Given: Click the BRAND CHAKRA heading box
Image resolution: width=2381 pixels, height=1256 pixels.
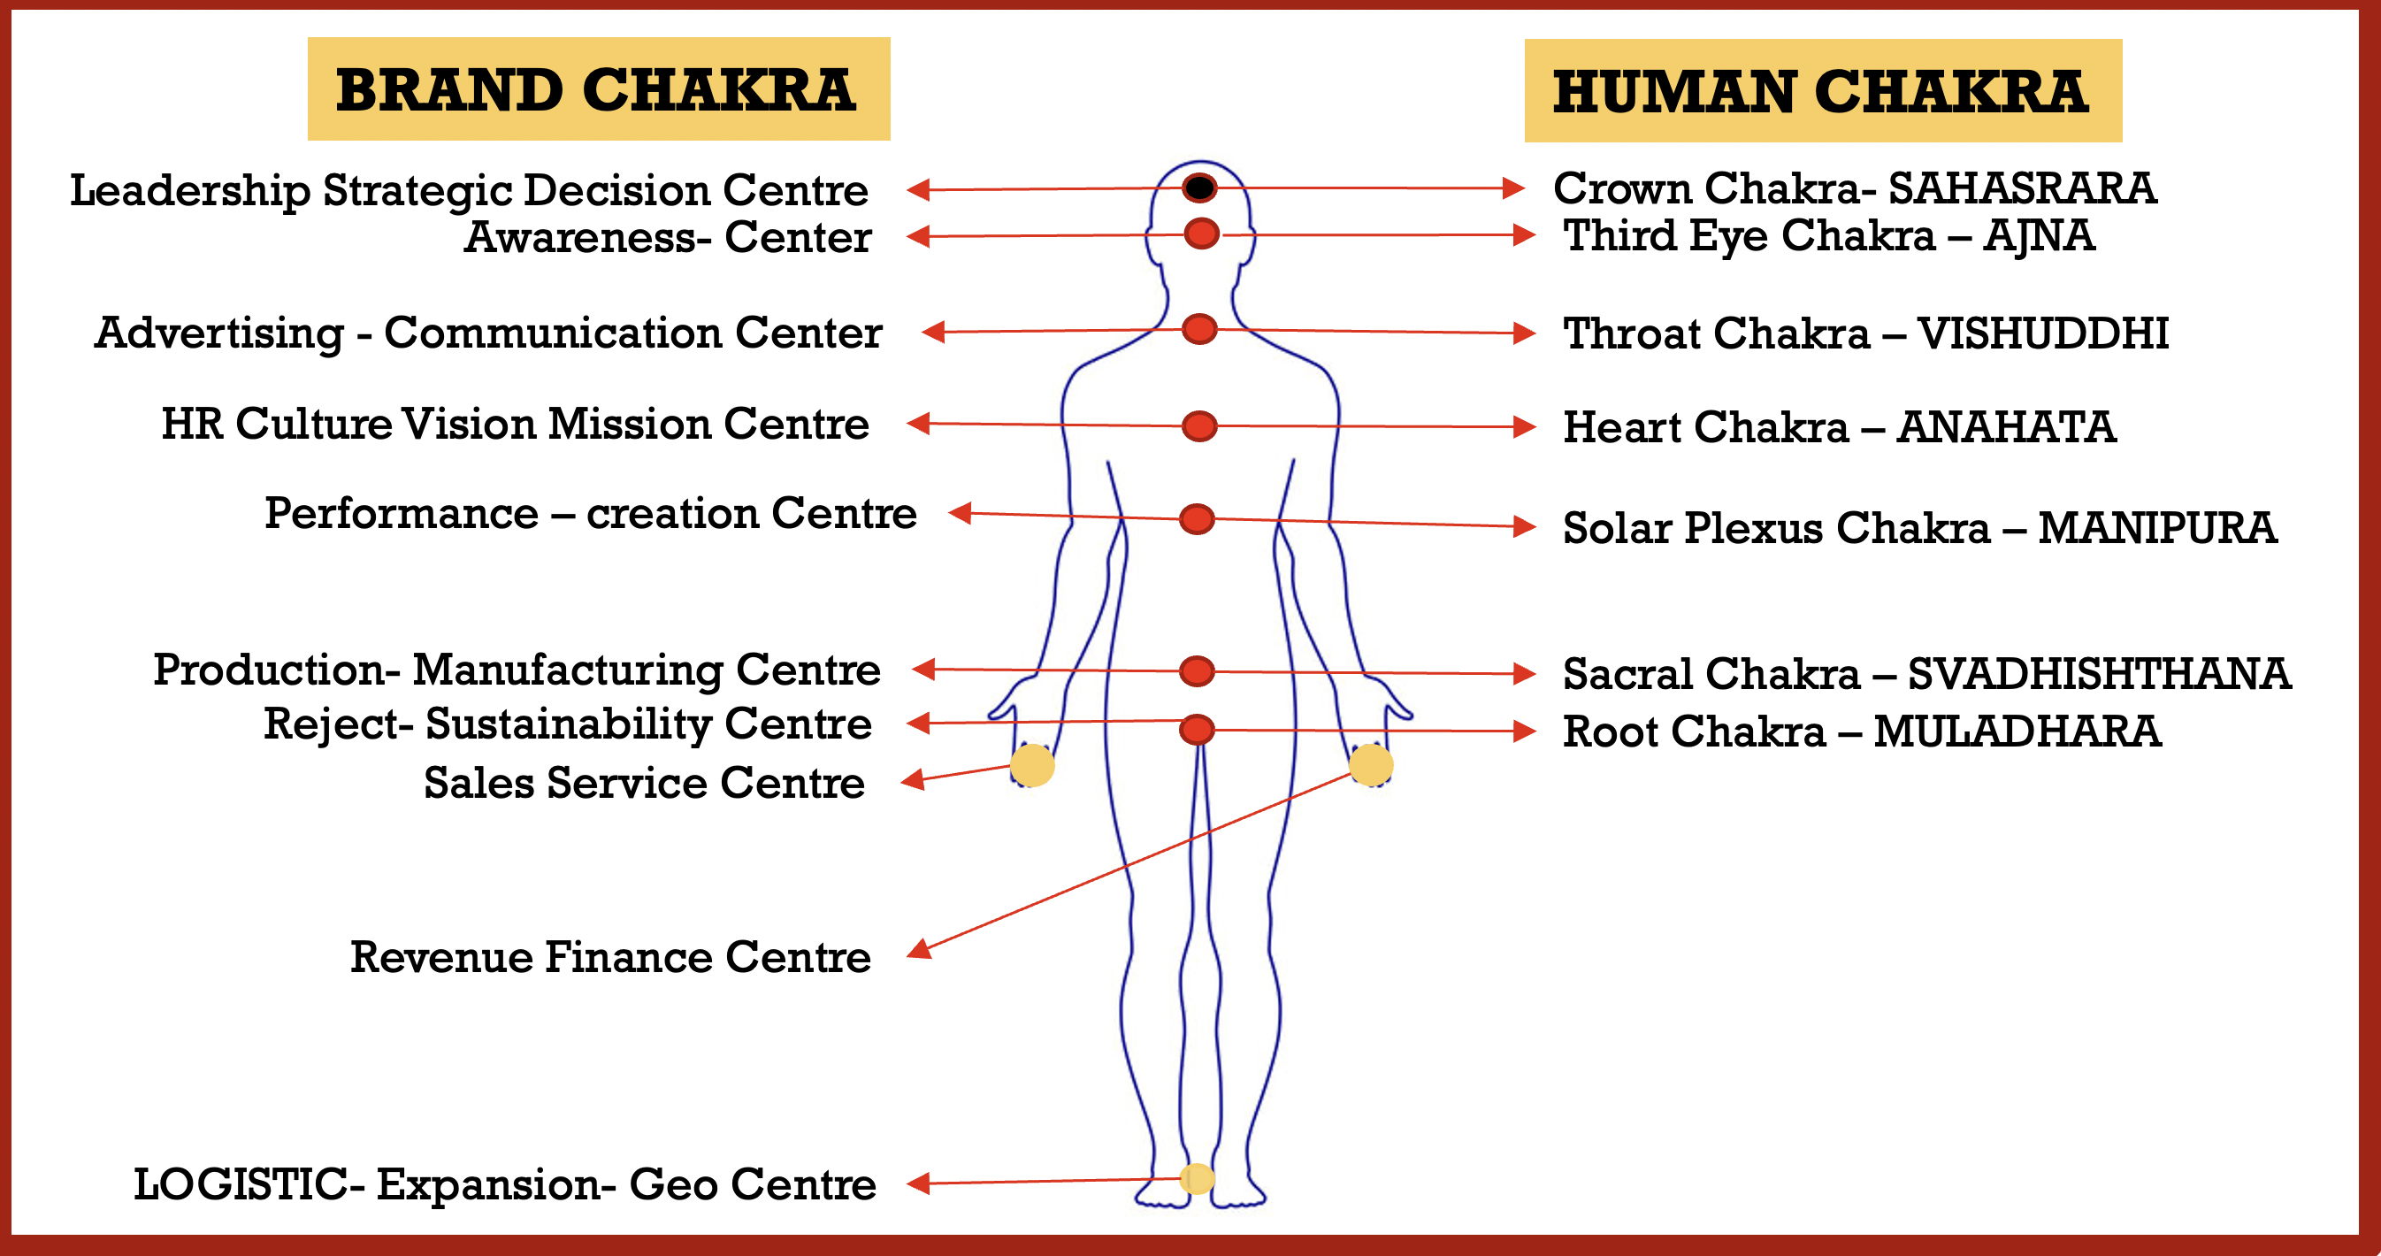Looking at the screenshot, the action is coord(599,88).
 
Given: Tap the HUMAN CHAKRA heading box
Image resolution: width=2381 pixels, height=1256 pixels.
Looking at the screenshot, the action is coord(1823,90).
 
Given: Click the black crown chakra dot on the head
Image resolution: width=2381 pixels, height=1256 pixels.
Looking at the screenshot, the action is coord(1199,188).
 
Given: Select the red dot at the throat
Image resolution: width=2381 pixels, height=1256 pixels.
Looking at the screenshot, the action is coord(1199,328).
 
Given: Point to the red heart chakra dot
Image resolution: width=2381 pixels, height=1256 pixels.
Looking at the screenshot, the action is coord(1199,426).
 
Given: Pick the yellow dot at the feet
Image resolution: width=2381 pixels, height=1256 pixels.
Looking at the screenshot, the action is coord(1197,1178).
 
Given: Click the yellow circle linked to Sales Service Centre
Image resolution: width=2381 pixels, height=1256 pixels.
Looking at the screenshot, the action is coord(1032,765).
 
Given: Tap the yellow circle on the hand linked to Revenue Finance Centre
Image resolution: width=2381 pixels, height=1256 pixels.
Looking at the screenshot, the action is coord(1371,765).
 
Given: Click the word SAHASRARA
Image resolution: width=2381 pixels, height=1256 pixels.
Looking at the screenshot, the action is coord(2023,188).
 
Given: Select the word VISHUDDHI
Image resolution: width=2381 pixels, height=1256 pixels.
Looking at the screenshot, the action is coord(2043,333).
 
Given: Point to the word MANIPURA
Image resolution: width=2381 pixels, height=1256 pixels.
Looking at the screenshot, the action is coord(2157,528).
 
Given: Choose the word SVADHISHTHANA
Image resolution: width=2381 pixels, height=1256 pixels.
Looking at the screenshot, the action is coord(2099,674).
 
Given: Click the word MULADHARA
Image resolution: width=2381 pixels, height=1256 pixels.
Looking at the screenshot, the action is coord(2017,731).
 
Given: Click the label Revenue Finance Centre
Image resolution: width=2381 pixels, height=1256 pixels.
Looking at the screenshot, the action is coord(611,956).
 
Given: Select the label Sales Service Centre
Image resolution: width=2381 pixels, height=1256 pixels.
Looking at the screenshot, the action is coord(644,783).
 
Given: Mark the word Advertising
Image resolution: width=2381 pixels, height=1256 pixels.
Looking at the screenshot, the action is coord(219,333).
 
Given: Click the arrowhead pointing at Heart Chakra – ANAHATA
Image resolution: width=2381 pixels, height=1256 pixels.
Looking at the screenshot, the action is coord(1524,427).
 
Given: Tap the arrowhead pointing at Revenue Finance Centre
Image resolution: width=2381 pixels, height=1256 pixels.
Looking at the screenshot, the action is coord(919,949).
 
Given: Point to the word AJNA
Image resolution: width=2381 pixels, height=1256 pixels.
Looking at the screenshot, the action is coord(2039,235).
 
